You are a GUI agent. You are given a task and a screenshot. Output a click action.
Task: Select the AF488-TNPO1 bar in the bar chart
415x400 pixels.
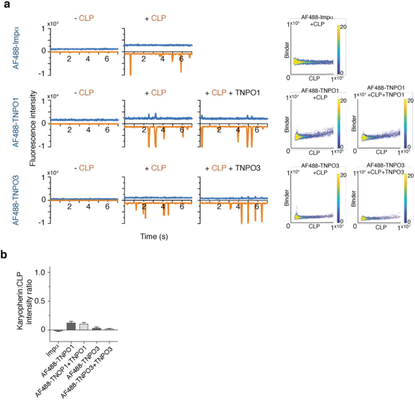click(71, 326)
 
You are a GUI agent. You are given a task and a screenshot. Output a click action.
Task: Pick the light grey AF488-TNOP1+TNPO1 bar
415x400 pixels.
click(84, 326)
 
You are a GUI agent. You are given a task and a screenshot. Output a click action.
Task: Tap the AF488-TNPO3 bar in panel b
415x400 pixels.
click(97, 329)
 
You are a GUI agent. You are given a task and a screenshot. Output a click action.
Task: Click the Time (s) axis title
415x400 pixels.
click(154, 237)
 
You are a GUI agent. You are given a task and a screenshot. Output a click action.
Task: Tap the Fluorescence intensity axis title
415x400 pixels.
click(33, 128)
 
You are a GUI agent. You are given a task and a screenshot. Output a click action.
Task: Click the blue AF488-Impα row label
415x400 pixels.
click(16, 48)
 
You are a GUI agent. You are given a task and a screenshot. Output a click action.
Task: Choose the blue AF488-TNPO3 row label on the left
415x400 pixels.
click(16, 200)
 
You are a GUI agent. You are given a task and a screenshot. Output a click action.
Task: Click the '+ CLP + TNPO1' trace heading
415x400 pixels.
click(232, 93)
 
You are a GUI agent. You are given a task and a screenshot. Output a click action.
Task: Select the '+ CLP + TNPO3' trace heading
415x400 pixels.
click(232, 168)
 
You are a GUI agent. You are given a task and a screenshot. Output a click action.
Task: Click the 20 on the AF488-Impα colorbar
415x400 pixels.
click(343, 27)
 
